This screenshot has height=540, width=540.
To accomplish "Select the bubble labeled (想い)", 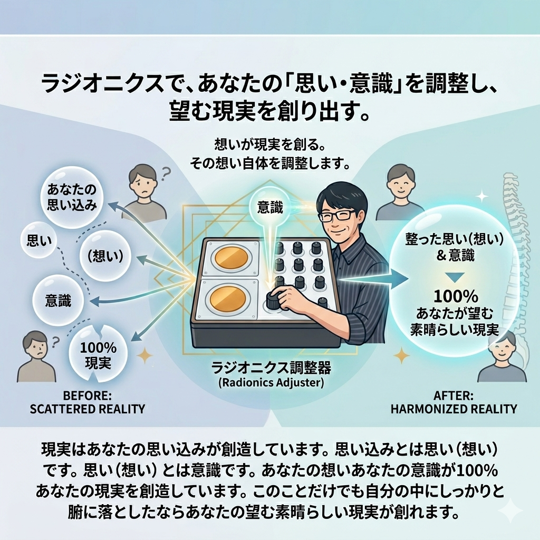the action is tap(102, 256).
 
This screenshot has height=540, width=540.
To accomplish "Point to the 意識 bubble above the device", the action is tap(269, 208).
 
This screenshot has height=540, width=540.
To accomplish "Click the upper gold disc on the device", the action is tap(232, 259).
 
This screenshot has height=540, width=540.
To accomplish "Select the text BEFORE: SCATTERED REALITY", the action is tap(87, 402).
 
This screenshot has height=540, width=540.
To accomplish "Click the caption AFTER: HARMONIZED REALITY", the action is tap(454, 402).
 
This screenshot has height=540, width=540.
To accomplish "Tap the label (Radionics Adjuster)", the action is tap(272, 383).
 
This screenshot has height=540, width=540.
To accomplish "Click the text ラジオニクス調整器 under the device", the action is tap(272, 368).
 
